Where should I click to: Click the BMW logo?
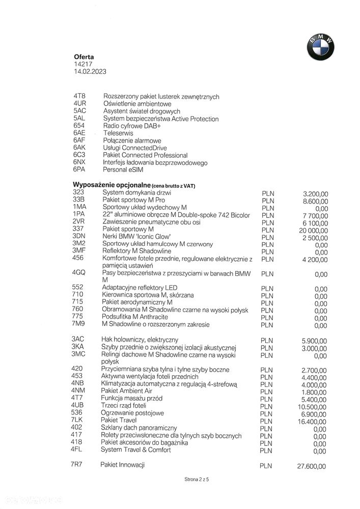coord(320,47)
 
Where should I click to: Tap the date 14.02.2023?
coord(90,72)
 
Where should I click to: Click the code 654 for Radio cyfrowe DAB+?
coord(79,126)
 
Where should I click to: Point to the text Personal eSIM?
coord(123,169)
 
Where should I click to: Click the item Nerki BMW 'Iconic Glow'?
coord(136,237)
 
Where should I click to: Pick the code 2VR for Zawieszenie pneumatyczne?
coord(79,222)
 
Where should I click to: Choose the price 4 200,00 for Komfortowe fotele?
coord(315,260)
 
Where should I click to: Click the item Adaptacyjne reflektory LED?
coord(140,288)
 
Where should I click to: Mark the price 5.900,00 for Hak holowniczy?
coord(315,341)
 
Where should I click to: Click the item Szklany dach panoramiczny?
coord(139,428)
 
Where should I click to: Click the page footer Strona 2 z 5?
coord(197,480)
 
